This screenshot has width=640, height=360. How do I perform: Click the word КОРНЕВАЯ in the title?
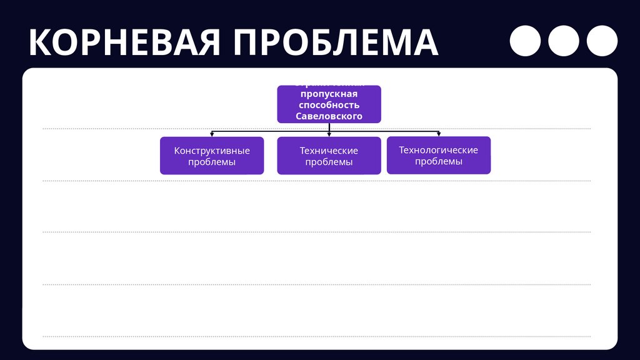click(124, 42)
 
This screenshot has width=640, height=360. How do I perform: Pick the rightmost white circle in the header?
click(602, 41)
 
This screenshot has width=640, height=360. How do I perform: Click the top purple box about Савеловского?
click(329, 104)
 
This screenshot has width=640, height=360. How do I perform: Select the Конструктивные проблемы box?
click(212, 156)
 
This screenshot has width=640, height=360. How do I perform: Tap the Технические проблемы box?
click(329, 156)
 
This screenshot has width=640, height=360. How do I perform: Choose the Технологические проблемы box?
click(439, 155)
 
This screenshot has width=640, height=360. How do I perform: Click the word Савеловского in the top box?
click(329, 117)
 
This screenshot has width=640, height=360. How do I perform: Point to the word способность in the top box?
click(329, 105)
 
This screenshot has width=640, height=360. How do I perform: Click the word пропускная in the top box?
click(329, 94)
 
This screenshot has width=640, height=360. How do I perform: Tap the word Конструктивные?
click(212, 151)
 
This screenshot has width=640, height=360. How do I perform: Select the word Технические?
click(329, 151)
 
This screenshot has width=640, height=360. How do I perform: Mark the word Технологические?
click(439, 150)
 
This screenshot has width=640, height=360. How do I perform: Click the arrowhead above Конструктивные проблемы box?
click(212, 134)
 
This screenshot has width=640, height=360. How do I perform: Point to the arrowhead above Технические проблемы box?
click(329, 134)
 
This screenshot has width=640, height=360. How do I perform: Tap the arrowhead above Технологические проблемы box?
click(439, 133)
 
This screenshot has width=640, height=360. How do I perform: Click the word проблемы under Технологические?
click(439, 161)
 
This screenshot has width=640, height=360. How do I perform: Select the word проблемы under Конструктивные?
click(212, 162)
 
